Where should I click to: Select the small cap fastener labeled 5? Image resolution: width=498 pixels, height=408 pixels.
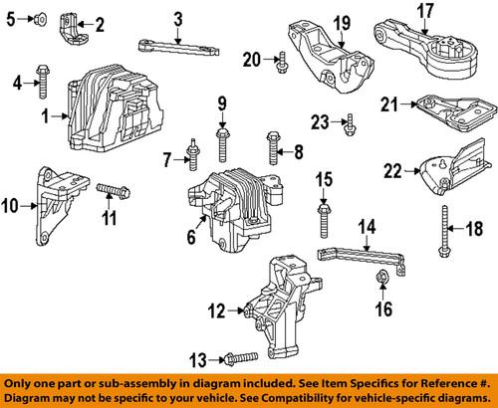(x=37, y=19)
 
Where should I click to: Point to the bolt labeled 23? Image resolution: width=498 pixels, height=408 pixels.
(x=350, y=123)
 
